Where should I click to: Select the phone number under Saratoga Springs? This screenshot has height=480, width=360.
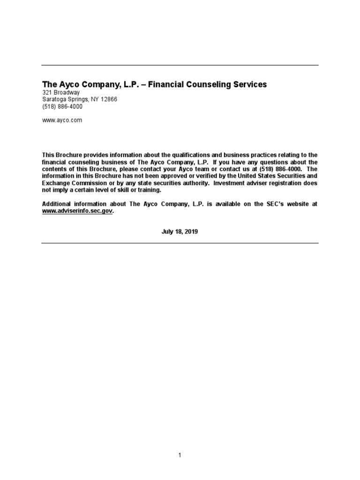point(62,106)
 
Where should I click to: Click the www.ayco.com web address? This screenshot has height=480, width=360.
point(62,120)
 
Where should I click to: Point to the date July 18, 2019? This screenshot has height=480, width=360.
point(180,231)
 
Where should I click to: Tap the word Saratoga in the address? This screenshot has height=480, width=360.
point(54,99)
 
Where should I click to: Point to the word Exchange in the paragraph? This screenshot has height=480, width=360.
point(54,183)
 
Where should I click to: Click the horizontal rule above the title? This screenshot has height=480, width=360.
point(180,66)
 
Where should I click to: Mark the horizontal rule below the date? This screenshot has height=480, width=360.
point(180,243)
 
